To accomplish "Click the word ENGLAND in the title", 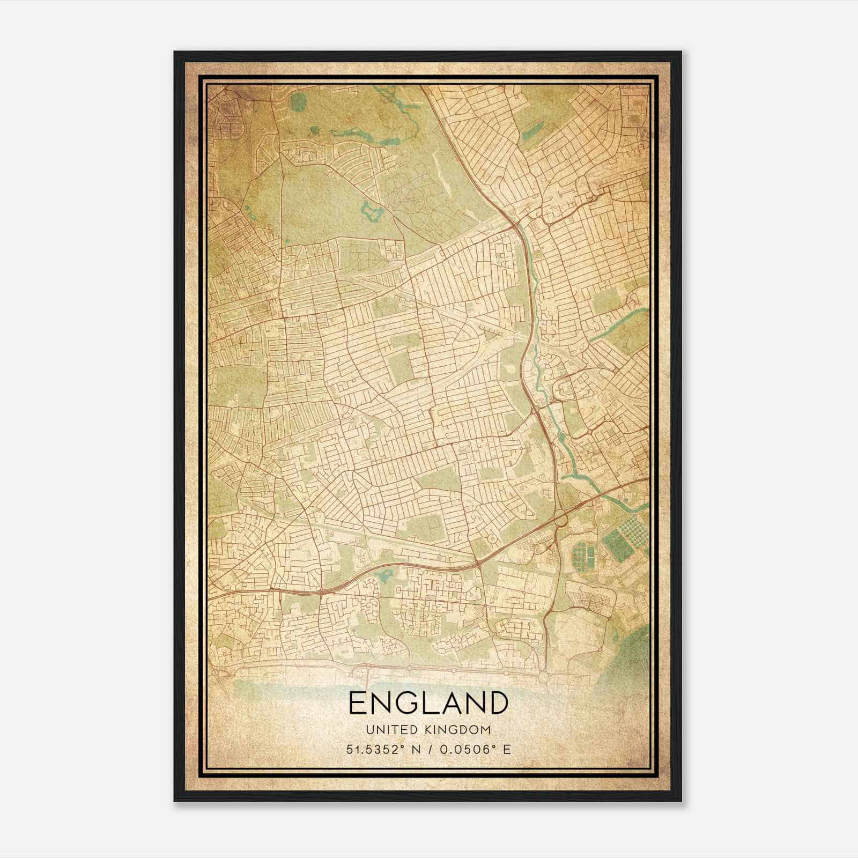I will (x=428, y=702).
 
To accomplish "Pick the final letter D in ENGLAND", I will (x=496, y=702).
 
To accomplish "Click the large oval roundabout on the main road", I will (x=561, y=519).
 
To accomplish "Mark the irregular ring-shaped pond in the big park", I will (x=371, y=213).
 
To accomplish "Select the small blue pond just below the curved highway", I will (x=384, y=576).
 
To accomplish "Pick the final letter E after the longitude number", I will (x=507, y=749).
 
